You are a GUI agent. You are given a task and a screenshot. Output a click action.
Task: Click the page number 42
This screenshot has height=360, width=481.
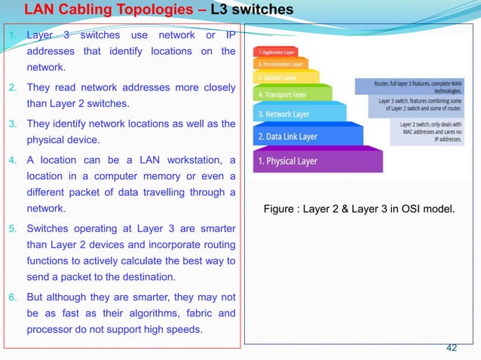click(x=452, y=347)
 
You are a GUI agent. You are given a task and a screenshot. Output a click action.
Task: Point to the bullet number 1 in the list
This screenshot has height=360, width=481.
click(x=11, y=35)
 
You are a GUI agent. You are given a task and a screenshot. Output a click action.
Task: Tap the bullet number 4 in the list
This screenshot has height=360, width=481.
click(x=11, y=160)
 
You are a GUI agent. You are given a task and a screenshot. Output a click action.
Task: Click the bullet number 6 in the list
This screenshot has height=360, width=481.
click(x=11, y=294)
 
